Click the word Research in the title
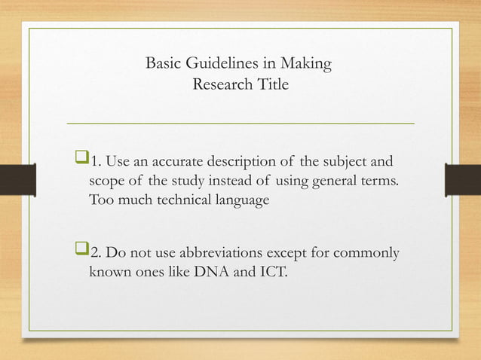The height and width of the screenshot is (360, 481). [220, 84]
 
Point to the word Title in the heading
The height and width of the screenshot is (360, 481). [271, 84]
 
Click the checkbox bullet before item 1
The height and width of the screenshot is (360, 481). [81, 161]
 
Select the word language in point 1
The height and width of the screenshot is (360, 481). [241, 202]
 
